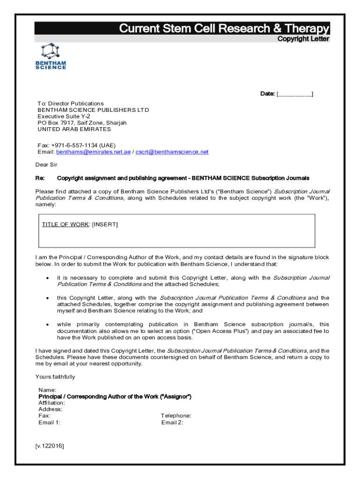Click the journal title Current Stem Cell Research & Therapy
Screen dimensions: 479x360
(224, 29)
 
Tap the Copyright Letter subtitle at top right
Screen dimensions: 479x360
(303, 39)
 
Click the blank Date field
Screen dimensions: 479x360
(295, 94)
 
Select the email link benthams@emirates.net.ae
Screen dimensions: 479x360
(94, 152)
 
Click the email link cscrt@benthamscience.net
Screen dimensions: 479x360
(172, 152)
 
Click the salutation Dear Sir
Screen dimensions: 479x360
(46, 165)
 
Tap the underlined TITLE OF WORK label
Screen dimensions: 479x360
(65, 225)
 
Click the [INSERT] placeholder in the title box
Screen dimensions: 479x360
(105, 225)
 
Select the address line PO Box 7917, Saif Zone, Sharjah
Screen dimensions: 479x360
(82, 123)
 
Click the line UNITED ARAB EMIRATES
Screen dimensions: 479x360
(74, 129)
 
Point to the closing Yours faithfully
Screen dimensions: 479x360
(55, 377)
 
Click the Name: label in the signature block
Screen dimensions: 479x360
(47, 390)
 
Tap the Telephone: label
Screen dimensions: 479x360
(176, 416)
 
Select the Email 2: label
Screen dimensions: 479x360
(172, 422)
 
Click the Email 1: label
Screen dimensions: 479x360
(49, 422)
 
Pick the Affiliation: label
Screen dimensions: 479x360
(51, 403)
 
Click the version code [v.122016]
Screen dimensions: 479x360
(50, 446)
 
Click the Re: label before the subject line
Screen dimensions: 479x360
(40, 178)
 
